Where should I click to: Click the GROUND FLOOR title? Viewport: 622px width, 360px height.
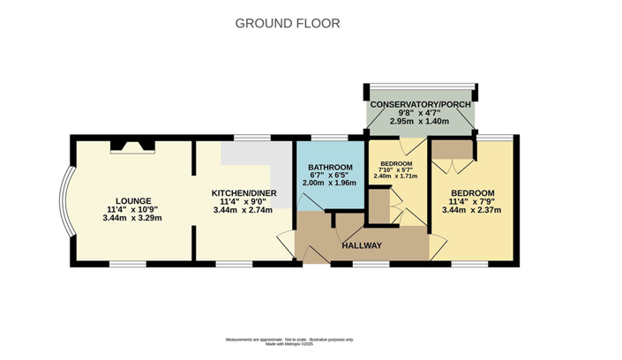click(287, 23)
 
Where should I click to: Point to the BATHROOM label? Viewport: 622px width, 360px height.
click(330, 167)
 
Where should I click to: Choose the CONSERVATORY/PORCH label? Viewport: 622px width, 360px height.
click(420, 105)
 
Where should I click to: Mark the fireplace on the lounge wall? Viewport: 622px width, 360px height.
click(131, 146)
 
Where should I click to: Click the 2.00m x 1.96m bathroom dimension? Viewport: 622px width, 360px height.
click(330, 184)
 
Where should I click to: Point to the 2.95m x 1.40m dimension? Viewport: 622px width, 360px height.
click(420, 122)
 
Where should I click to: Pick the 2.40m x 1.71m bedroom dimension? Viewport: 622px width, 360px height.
click(396, 176)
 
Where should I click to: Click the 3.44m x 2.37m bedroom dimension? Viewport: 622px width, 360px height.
click(472, 210)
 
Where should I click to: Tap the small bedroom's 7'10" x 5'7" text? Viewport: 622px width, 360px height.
click(396, 170)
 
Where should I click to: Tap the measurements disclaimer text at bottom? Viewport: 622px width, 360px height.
click(287, 341)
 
